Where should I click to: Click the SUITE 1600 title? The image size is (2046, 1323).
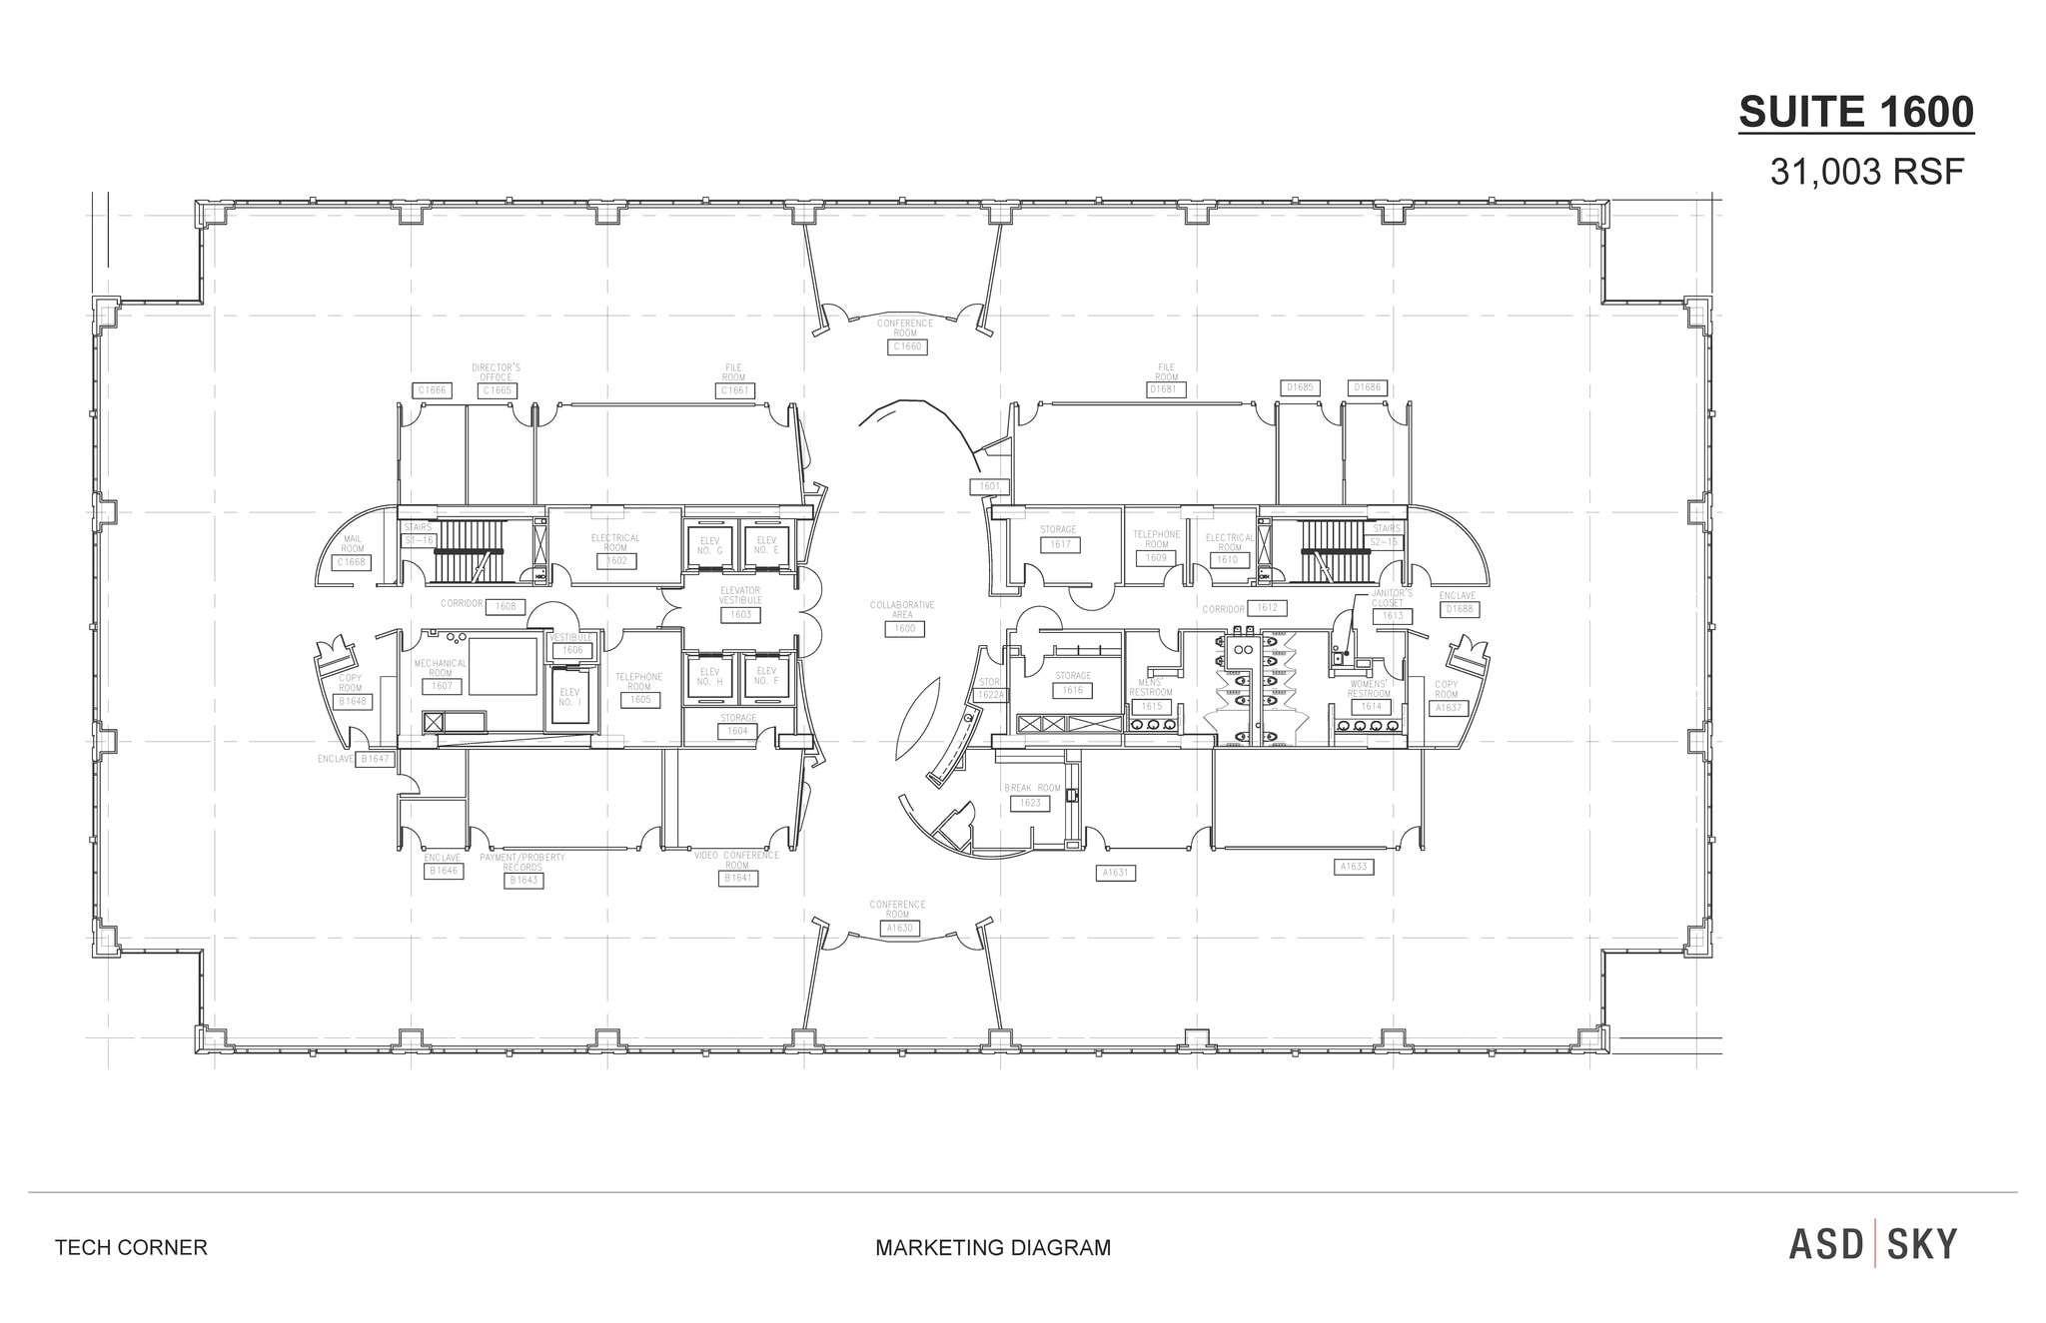tap(1856, 112)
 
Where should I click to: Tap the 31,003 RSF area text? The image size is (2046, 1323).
tap(1866, 173)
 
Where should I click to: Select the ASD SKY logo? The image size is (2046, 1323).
tap(1872, 1244)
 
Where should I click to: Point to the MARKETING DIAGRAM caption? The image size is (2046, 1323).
tap(993, 1247)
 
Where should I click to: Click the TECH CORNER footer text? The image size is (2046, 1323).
tap(131, 1247)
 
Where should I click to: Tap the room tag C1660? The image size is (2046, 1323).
tap(906, 346)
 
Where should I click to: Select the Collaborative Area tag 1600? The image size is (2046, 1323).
tap(903, 629)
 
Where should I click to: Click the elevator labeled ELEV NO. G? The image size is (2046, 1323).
tap(710, 546)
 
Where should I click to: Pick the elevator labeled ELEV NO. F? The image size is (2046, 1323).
tap(766, 676)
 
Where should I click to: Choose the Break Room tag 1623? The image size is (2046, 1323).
tap(1029, 803)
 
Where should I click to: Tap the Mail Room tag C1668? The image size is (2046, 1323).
tap(352, 562)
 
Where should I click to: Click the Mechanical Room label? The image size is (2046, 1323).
tap(441, 668)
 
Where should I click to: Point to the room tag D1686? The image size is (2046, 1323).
tap(1368, 387)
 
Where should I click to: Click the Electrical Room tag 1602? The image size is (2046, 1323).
tap(616, 561)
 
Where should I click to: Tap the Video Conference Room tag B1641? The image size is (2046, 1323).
tap(737, 878)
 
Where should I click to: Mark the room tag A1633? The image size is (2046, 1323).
tap(1354, 867)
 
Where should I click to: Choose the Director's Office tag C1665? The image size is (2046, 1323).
tap(497, 390)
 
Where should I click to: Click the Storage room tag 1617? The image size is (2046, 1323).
tap(1059, 544)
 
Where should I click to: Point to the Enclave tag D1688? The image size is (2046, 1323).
tap(1459, 609)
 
